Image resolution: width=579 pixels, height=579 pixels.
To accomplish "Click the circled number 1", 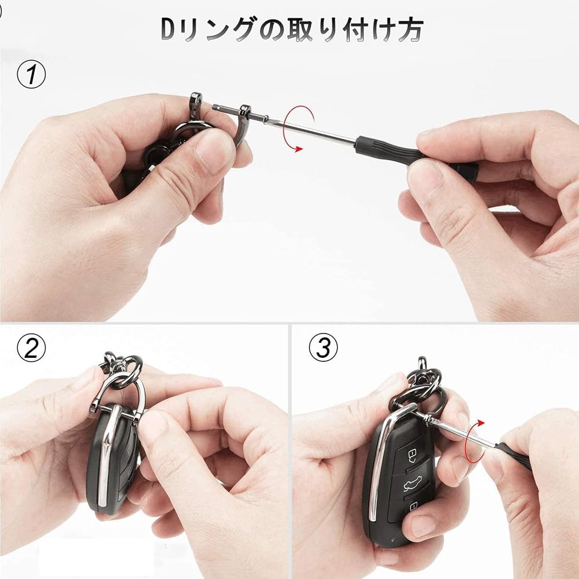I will [x=31, y=76].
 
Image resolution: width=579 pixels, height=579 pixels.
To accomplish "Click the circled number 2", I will [x=31, y=349].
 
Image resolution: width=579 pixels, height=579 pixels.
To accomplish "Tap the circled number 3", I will [x=323, y=349].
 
